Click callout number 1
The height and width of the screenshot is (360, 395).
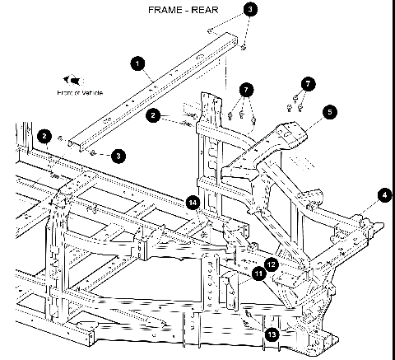click(137, 62)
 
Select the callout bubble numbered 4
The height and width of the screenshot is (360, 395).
click(383, 195)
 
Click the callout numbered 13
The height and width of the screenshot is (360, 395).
click(272, 334)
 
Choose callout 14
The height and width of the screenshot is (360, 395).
click(193, 202)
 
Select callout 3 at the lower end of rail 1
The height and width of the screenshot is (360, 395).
click(119, 154)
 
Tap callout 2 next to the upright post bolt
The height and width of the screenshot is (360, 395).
click(154, 116)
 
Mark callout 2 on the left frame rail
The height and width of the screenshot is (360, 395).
click(44, 135)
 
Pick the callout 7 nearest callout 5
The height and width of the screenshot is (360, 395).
click(306, 84)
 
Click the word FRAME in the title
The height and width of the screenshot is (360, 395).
click(165, 11)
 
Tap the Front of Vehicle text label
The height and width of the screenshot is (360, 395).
click(80, 93)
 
